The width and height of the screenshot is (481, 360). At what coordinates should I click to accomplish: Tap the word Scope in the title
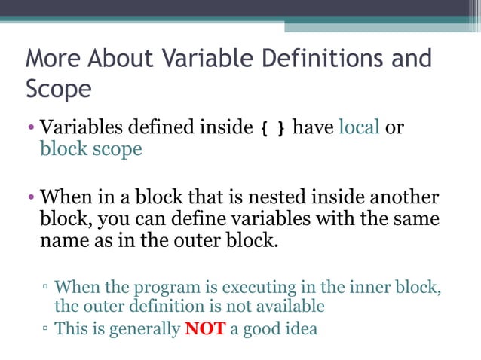[x=59, y=89]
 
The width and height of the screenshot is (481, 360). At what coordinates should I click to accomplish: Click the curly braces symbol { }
[x=273, y=128]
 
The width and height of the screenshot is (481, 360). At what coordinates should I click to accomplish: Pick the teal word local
[x=359, y=127]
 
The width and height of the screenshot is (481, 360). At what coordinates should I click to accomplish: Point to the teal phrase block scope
[x=90, y=149]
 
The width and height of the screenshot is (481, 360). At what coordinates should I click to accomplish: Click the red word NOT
[x=205, y=329]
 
